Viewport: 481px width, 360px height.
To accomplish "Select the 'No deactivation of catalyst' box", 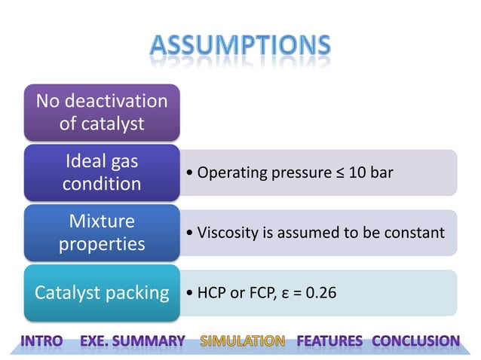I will (x=102, y=112).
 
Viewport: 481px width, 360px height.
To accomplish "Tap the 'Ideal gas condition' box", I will (x=102, y=172).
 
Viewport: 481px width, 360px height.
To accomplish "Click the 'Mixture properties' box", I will (x=102, y=233).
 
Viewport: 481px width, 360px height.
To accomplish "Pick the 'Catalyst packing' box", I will (x=102, y=293).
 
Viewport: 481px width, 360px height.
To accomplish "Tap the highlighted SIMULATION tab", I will (x=242, y=341).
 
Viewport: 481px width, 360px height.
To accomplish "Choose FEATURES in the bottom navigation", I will (x=329, y=341).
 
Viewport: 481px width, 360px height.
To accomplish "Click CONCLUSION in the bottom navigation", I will (x=415, y=341).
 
